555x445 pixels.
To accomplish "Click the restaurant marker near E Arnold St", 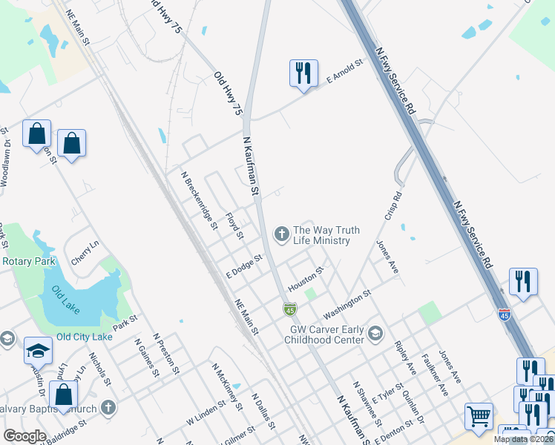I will (303, 73).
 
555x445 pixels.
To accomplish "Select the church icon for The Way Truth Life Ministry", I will (281, 234).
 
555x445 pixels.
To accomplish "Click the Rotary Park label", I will (29, 262).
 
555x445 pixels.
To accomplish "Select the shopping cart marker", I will (479, 415).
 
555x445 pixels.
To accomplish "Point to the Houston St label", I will (306, 280).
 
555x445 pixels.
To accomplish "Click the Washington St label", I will (347, 301).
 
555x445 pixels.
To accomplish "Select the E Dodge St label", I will (245, 267).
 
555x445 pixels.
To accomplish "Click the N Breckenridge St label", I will (200, 200).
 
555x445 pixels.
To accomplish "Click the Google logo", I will (24, 436).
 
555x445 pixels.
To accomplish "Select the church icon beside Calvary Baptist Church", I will (108, 406).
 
